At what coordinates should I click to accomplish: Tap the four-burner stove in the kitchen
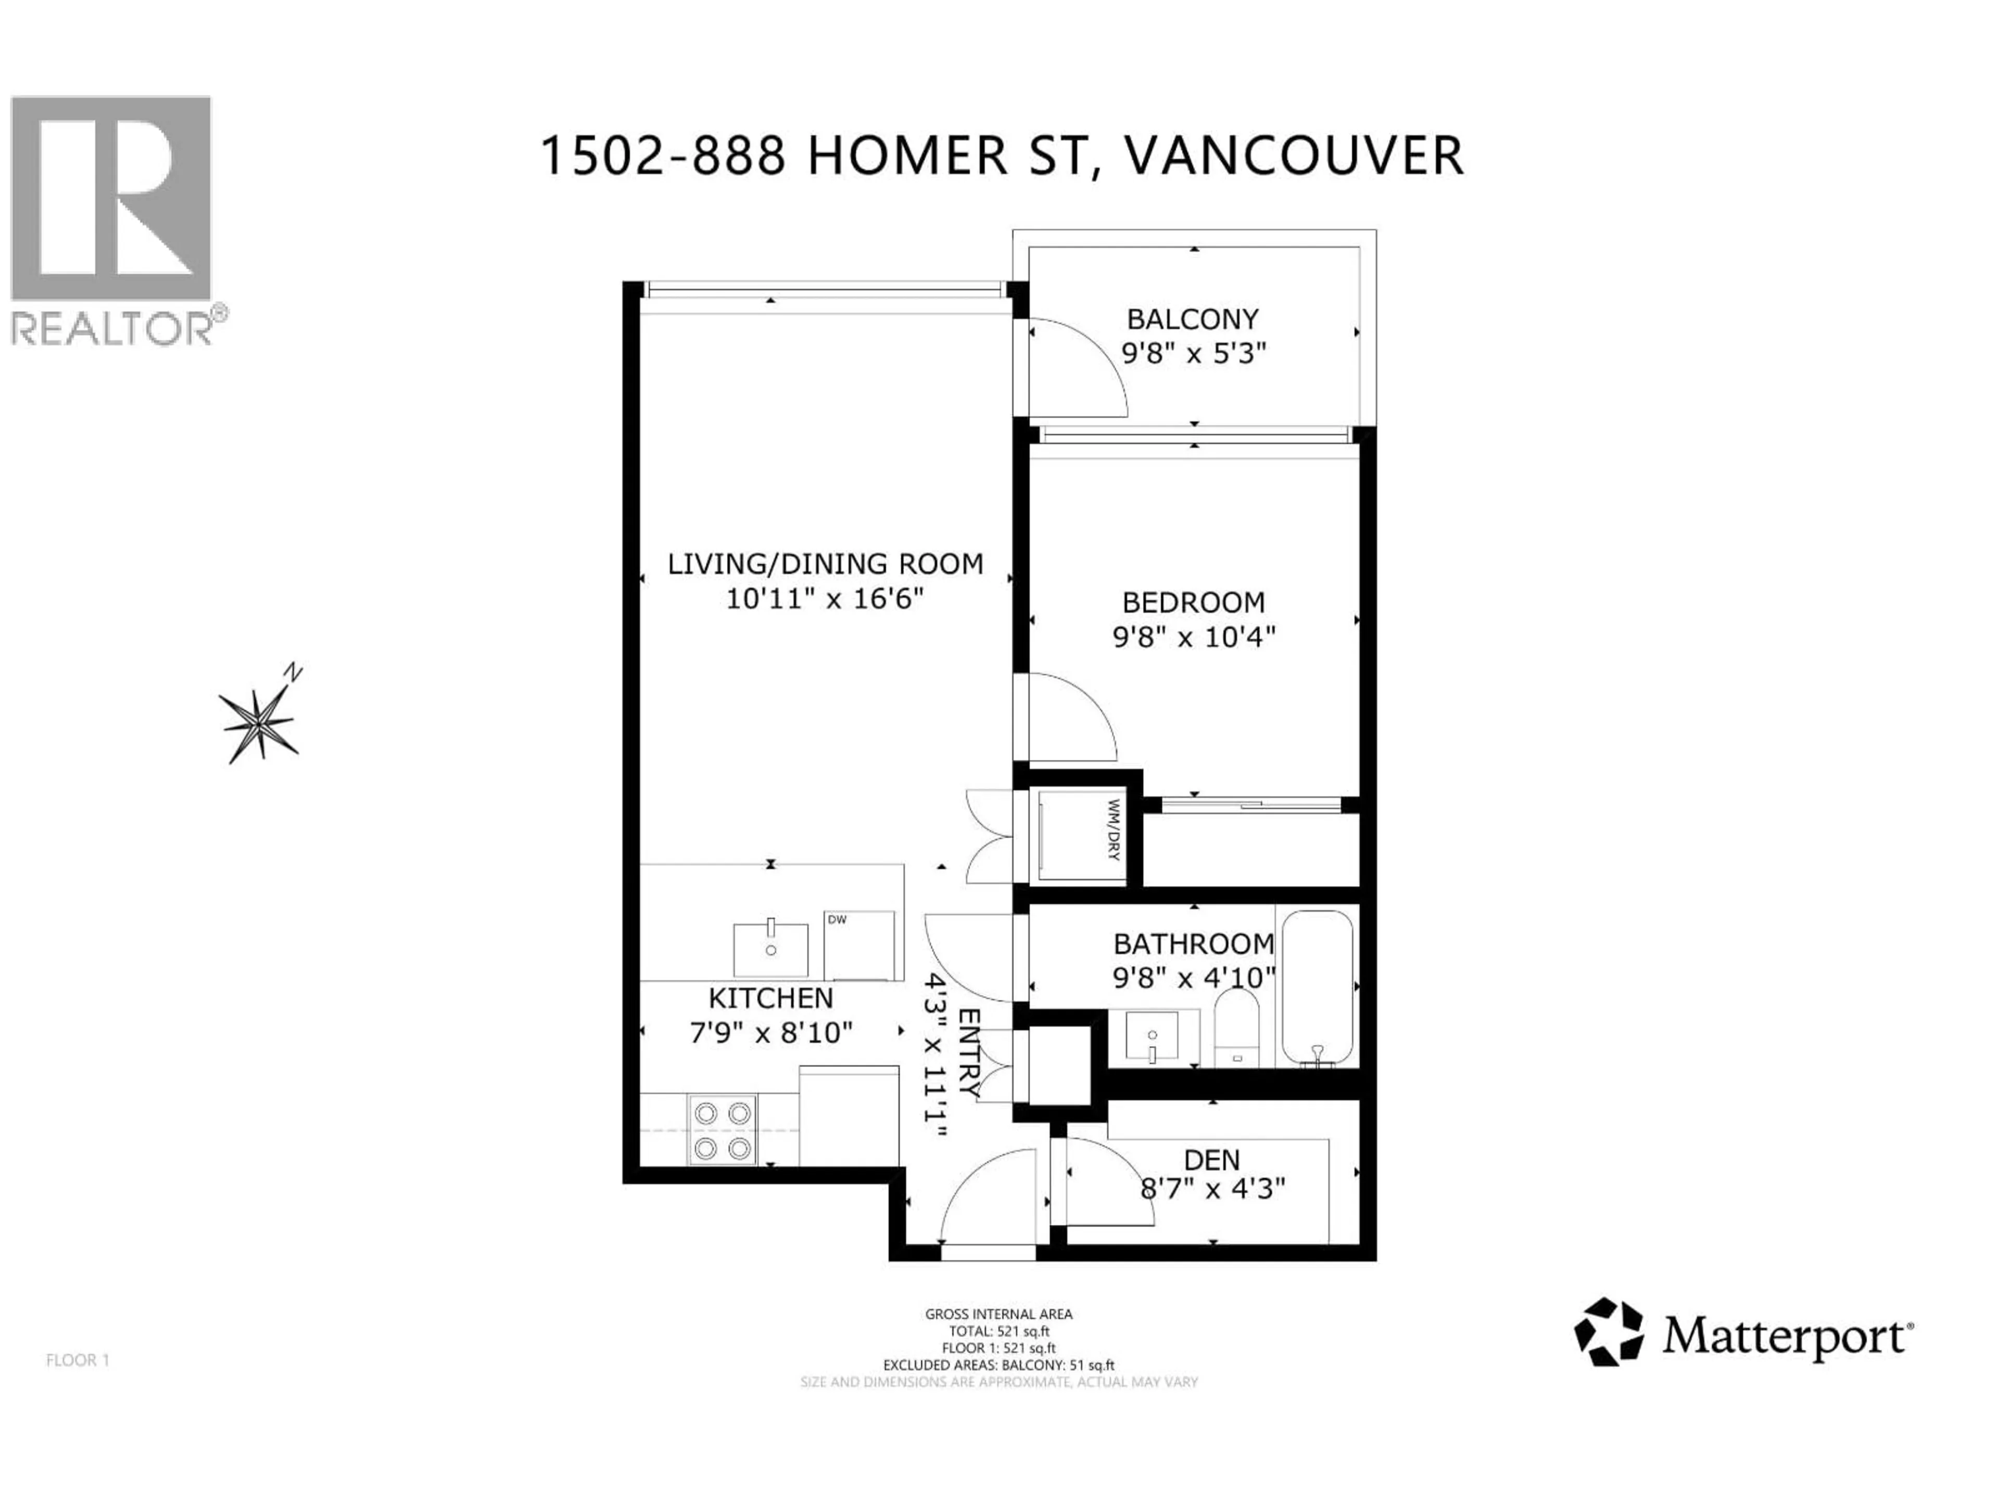[722, 1130]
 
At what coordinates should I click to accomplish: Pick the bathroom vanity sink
[1152, 1036]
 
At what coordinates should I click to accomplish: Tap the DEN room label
[1212, 1160]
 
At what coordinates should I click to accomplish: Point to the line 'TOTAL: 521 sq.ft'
[998, 1331]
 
